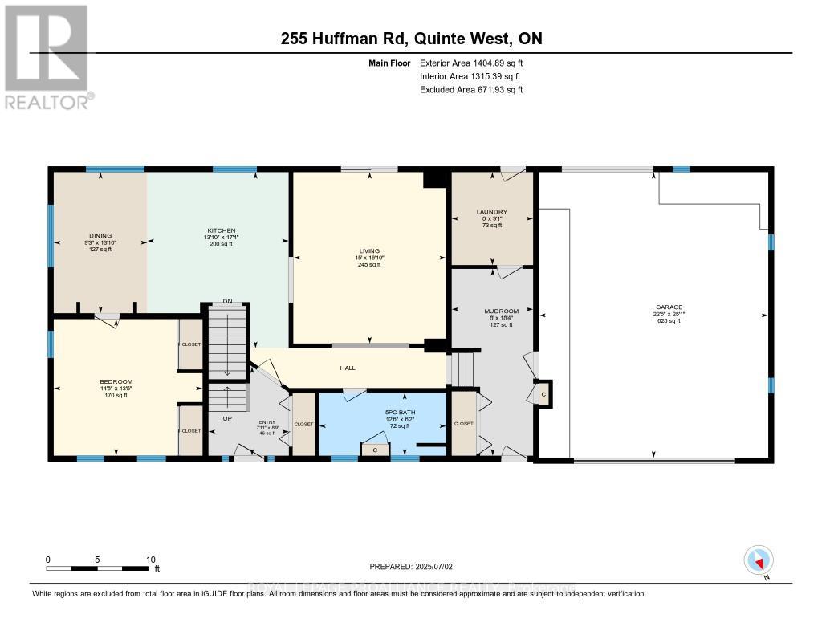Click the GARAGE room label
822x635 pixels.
tap(669, 307)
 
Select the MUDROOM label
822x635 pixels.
tap(502, 311)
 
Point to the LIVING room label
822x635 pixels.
tap(369, 250)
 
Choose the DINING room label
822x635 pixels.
tap(100, 236)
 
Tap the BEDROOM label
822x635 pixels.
tap(116, 381)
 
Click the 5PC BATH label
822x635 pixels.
tap(397, 413)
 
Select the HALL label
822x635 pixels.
tap(348, 368)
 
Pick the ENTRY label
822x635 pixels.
tap(267, 422)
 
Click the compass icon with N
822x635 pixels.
tap(759, 559)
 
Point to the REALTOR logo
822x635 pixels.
tap(47, 56)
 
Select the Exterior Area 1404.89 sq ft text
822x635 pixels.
tap(471, 63)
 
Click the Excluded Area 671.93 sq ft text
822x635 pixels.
tap(471, 90)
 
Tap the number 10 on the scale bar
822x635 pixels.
tap(150, 559)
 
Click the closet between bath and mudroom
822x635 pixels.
tap(464, 423)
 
